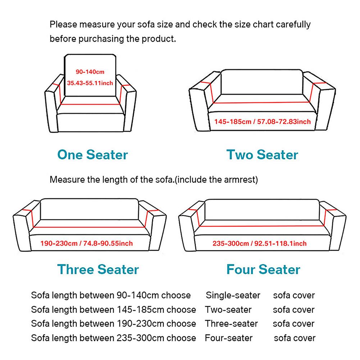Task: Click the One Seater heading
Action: coord(92,155)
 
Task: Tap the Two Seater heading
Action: coord(262,155)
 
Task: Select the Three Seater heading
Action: coord(98,269)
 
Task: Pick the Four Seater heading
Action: coord(263,269)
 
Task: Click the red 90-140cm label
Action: coord(90,72)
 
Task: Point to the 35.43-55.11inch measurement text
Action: coord(90,83)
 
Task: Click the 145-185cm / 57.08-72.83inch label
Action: coord(262,122)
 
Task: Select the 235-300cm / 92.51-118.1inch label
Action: coord(259,243)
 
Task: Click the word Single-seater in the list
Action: coord(233,296)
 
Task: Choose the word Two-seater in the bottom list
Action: coord(228,310)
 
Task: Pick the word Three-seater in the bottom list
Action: coord(231,324)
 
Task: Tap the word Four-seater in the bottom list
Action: coord(229,338)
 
